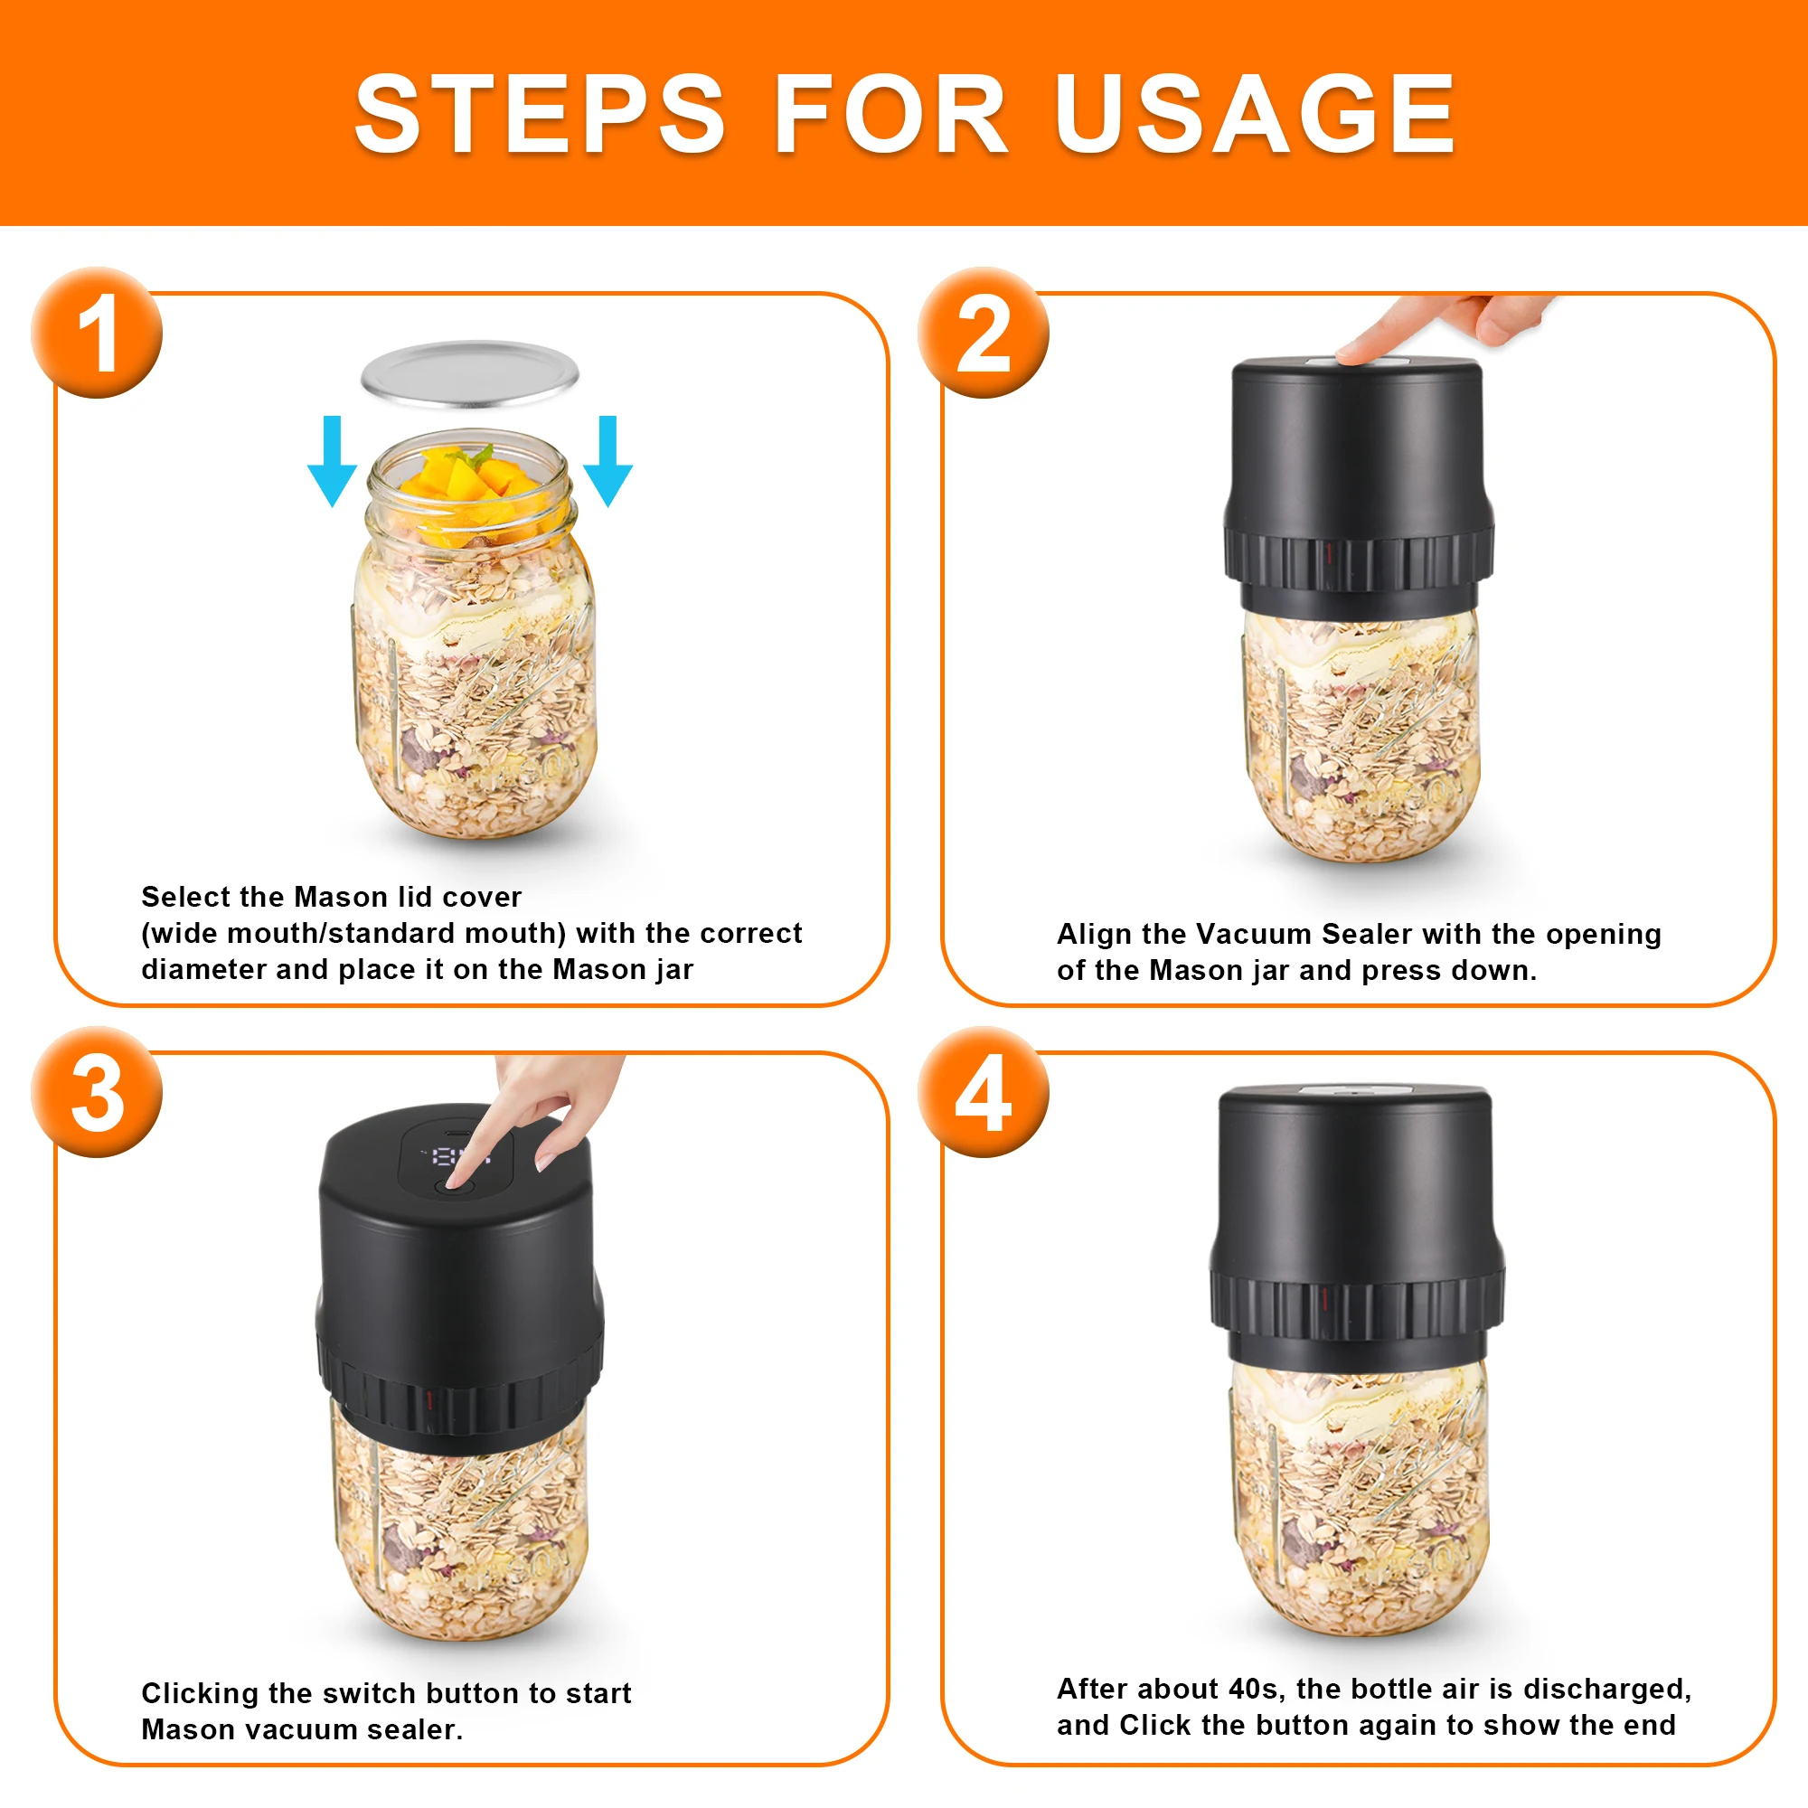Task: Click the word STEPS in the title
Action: pos(540,114)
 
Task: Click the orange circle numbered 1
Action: pos(97,334)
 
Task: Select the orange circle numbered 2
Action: pos(983,334)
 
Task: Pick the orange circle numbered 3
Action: pos(97,1092)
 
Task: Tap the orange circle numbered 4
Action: pos(983,1092)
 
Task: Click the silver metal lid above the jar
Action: pos(470,374)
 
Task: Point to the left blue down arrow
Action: pos(332,460)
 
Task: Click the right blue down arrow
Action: pos(608,460)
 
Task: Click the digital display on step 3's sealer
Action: pos(457,1157)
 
